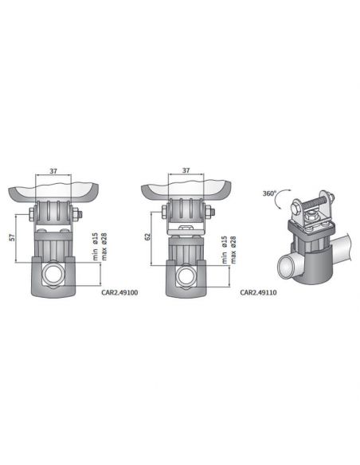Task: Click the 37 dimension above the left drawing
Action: click(53, 170)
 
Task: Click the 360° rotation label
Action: click(269, 193)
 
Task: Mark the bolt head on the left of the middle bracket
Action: click(165, 213)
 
